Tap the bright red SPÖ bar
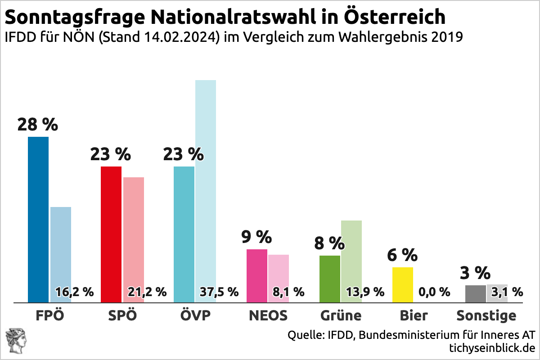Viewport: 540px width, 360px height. coord(111,234)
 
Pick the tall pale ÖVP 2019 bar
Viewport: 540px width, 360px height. coord(206,180)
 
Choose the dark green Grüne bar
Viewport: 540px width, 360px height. coord(330,279)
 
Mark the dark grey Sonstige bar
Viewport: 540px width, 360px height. coord(475,293)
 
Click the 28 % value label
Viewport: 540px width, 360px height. coord(38,125)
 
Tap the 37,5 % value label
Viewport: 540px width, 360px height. coord(219,292)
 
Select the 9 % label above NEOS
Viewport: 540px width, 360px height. coord(256,237)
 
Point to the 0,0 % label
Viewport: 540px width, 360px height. coord(434,292)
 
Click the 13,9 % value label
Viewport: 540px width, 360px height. coord(365,292)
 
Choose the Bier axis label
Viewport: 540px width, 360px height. coord(414,315)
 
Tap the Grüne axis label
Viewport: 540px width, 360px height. coord(341,315)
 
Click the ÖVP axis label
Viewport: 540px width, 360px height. coord(195,315)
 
